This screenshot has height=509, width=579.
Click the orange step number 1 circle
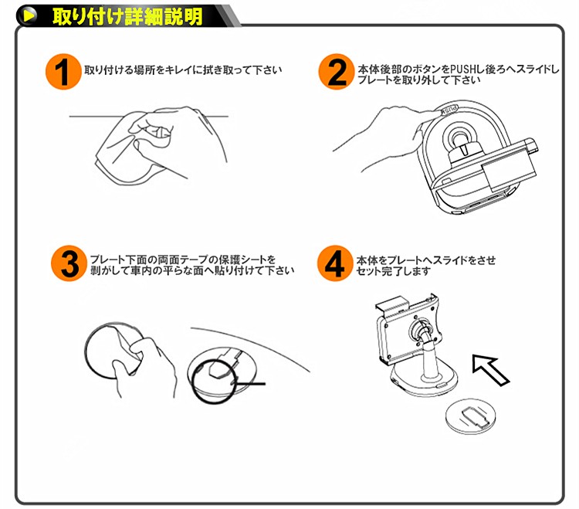coord(63,72)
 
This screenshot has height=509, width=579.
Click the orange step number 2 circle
coord(337,72)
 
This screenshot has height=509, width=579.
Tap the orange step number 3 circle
coord(69,263)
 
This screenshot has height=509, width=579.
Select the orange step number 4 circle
coord(335,263)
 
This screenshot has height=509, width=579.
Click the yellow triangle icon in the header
coord(29,16)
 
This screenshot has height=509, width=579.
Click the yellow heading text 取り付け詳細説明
coord(127,17)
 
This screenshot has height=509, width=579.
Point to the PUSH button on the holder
coord(448,110)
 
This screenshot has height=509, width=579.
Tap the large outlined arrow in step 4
coord(490,370)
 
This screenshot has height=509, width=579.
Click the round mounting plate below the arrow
coord(470,416)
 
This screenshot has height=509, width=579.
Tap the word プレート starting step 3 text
coord(108,260)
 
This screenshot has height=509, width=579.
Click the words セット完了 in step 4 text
coord(381,271)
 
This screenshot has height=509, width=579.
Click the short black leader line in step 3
coord(250,384)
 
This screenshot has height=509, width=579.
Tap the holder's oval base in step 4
coord(425,382)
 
